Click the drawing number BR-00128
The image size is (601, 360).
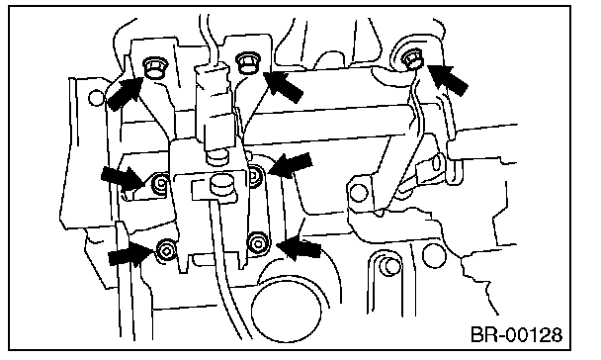(516, 334)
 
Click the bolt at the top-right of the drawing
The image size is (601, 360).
(412, 59)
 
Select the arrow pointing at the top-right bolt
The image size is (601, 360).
(447, 79)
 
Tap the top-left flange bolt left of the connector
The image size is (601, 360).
(155, 67)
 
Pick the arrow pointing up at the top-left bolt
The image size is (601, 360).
(125, 92)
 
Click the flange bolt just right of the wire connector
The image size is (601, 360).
(248, 63)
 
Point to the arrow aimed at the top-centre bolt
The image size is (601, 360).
(284, 87)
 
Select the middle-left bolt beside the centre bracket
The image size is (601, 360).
(160, 184)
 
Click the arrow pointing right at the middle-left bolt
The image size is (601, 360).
(123, 178)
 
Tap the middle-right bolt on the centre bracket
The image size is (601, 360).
(254, 176)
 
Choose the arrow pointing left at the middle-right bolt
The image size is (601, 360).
(291, 165)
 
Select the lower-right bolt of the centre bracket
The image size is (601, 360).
(258, 242)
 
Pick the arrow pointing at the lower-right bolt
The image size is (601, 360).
(299, 248)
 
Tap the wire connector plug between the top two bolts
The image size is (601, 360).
(214, 107)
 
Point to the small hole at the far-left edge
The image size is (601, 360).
(96, 97)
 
